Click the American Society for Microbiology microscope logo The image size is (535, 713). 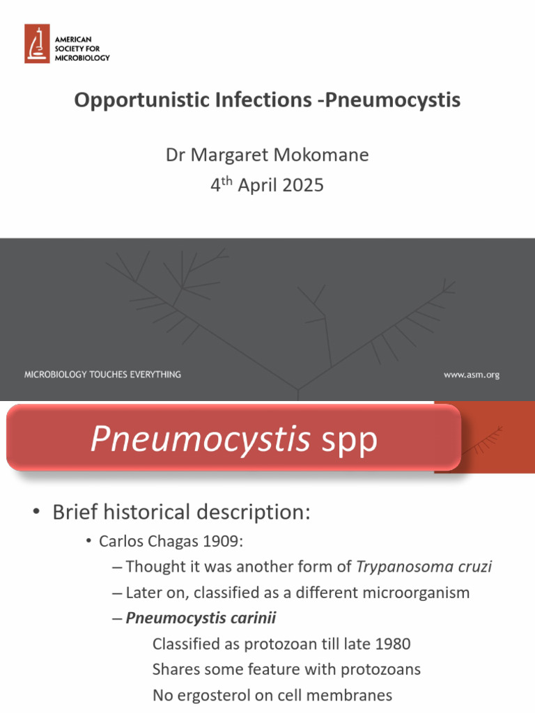37,43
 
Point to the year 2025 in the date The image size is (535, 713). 302,186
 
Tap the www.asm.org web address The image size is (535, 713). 472,375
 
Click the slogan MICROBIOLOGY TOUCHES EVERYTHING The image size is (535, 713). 102,375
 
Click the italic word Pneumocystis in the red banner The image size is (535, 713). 201,439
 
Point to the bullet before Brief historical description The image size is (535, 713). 36,513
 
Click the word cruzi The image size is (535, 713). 474,567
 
